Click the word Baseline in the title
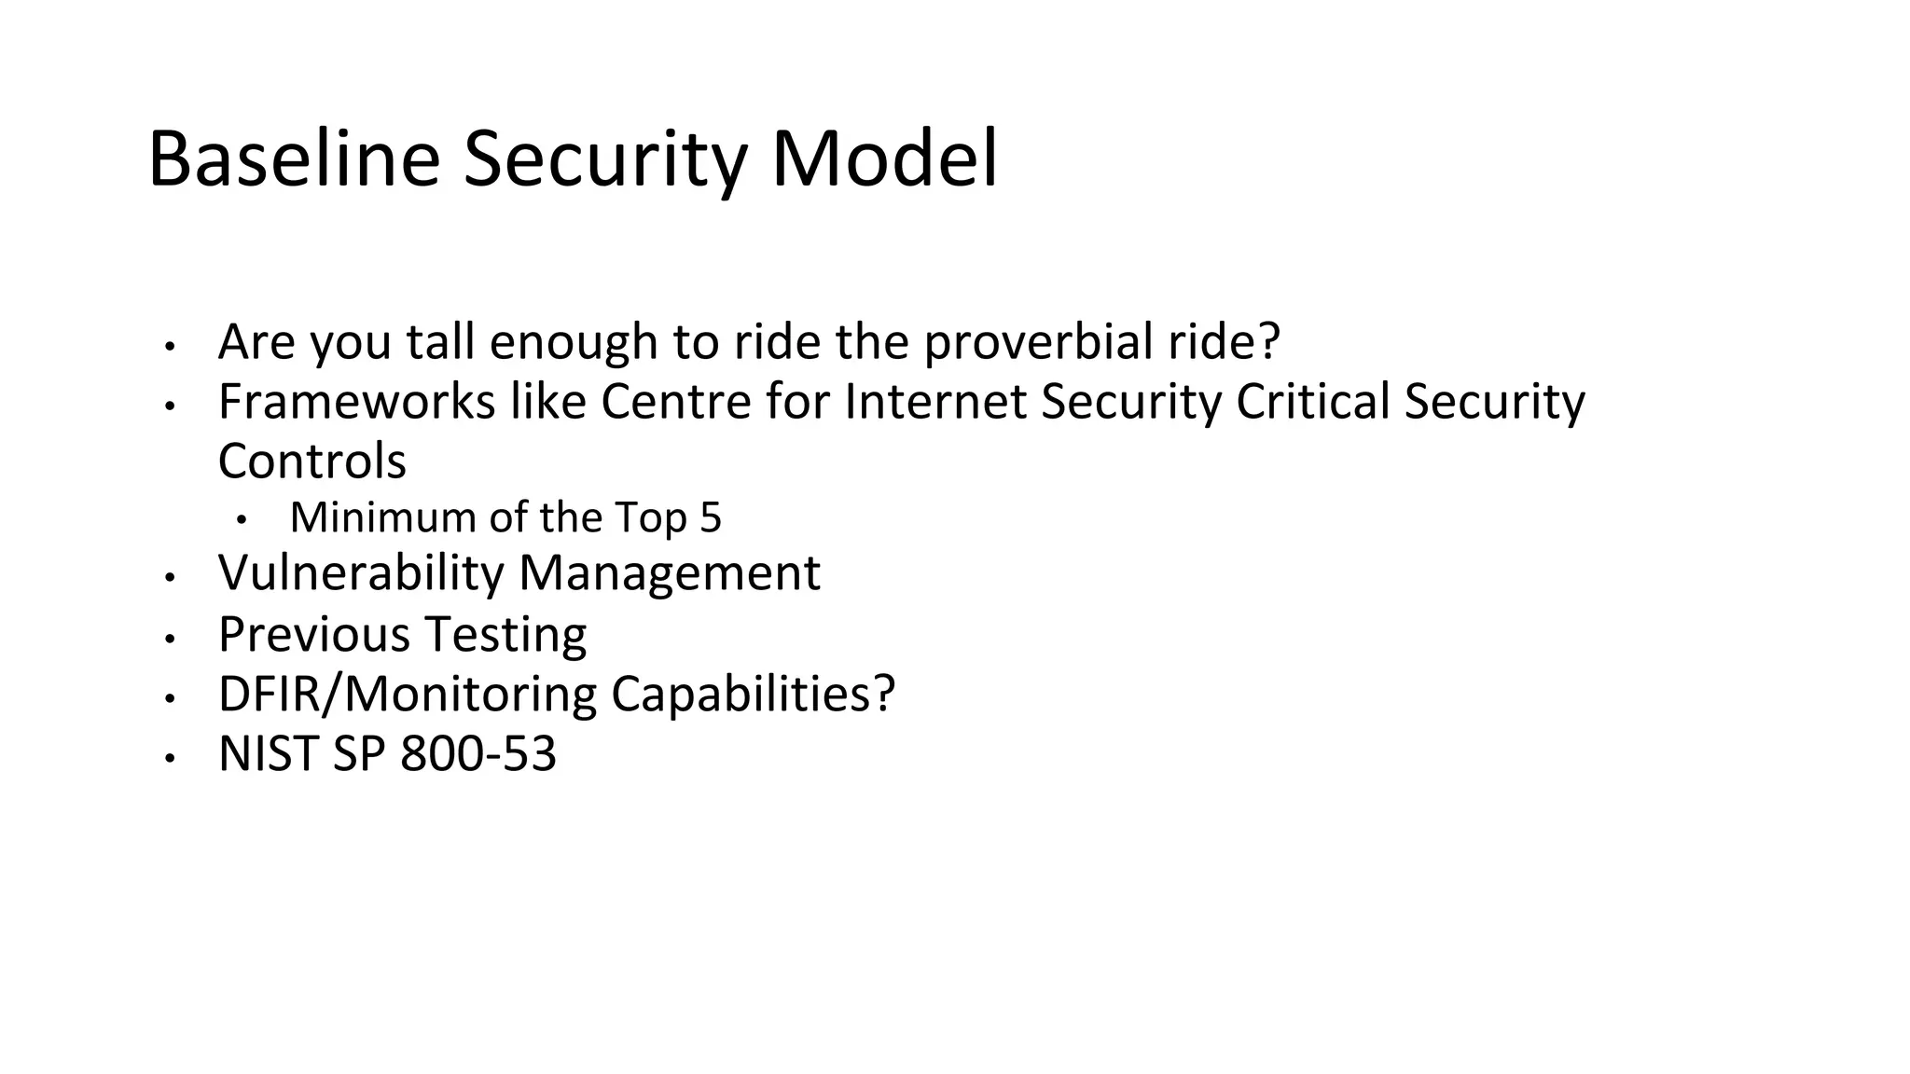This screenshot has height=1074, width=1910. coord(294,160)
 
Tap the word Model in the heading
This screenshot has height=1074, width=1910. coord(884,160)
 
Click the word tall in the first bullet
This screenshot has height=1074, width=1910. coord(440,342)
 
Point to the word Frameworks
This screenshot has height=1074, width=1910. coord(356,402)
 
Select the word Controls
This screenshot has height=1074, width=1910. coord(312,461)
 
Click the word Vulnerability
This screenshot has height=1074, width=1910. coord(361,573)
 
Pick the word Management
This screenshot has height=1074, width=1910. coord(669,573)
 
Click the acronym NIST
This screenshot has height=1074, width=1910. coord(269,754)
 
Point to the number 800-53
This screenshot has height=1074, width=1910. coord(478,754)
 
